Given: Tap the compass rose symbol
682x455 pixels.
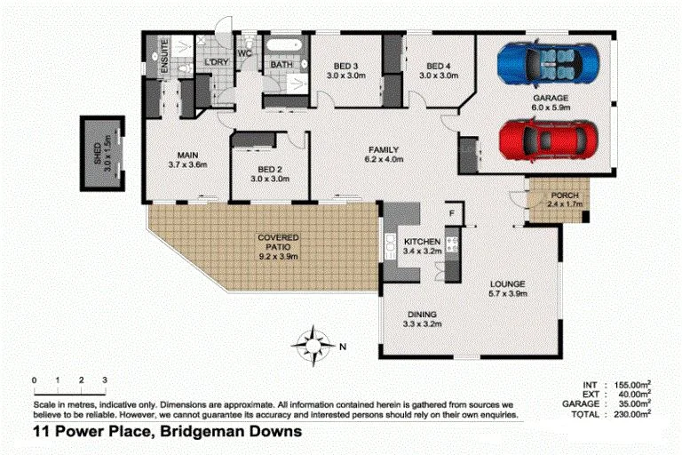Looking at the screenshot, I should (x=313, y=344).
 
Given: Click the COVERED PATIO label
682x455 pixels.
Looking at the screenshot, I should (x=277, y=238).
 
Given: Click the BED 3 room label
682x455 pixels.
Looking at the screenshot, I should (x=345, y=66).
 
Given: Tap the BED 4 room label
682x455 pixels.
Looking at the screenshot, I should (x=439, y=66).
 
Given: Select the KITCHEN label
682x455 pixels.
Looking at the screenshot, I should (x=423, y=242).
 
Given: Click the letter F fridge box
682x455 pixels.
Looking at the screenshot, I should (x=451, y=213).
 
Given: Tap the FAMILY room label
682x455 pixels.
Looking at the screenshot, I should (x=384, y=149).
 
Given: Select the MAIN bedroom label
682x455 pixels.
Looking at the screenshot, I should (x=186, y=154).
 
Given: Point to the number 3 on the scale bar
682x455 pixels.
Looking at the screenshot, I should (x=105, y=380).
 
